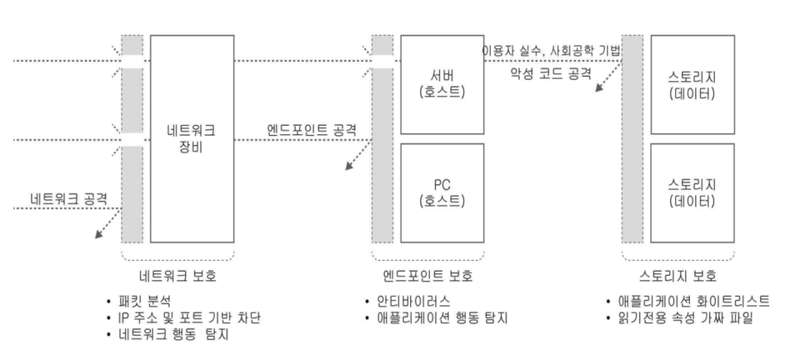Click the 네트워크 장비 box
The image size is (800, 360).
coord(191,138)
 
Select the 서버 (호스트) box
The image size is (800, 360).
coord(442,84)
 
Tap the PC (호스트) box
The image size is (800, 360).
coord(442,192)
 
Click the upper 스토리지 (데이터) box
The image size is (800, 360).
coord(691,84)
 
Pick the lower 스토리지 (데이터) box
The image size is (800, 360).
coord(691,192)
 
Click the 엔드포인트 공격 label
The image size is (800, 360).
coord(312,130)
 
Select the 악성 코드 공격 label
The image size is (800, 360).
coord(551,73)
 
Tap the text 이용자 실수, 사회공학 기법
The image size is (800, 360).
coord(551,51)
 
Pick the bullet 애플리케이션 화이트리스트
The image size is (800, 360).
coord(694,302)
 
